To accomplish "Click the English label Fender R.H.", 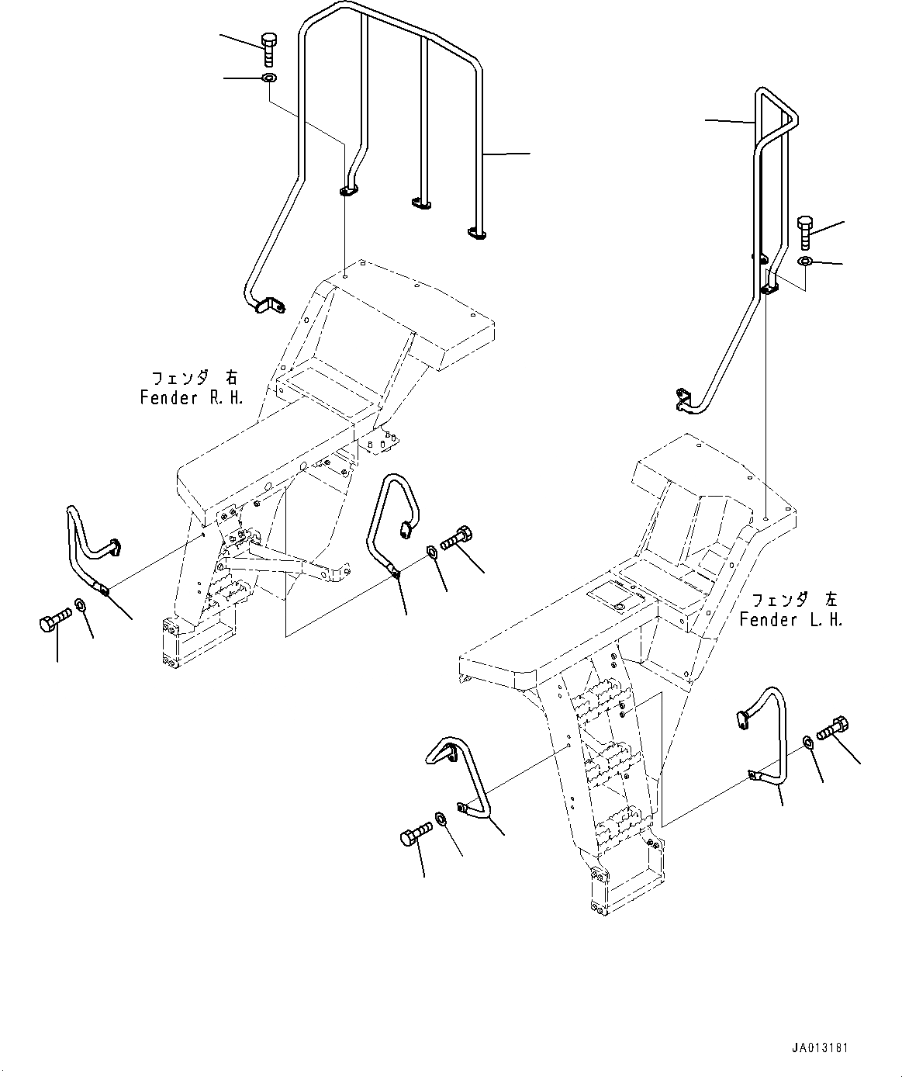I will (x=192, y=398).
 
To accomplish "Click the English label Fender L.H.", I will (x=790, y=620).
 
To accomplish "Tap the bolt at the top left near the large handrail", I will (x=268, y=48).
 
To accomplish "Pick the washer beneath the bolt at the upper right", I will (x=806, y=261).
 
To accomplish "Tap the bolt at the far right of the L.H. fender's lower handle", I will (x=836, y=727).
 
